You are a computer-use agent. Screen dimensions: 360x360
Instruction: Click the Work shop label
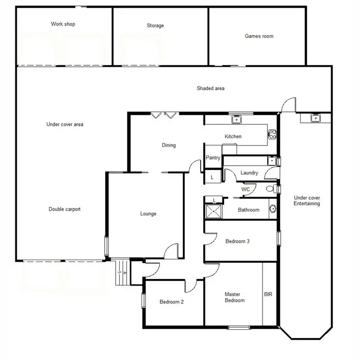63,24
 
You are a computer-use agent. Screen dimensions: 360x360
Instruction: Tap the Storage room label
155,26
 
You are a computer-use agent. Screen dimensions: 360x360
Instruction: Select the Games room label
259,36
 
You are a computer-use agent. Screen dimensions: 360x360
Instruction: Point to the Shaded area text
210,88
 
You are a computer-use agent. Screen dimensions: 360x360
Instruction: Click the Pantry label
213,158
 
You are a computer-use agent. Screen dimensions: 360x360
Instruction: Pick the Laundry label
249,173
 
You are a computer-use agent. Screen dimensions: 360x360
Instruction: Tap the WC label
245,190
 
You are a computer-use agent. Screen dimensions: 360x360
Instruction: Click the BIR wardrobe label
268,294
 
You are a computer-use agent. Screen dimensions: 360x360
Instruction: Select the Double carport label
64,209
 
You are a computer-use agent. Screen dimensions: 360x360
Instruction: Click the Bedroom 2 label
171,302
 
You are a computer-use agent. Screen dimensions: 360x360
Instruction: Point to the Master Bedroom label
235,298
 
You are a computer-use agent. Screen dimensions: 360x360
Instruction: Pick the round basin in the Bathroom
272,209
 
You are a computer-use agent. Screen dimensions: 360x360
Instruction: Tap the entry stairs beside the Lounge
122,273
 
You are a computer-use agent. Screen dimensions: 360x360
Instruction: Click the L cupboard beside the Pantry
212,178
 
